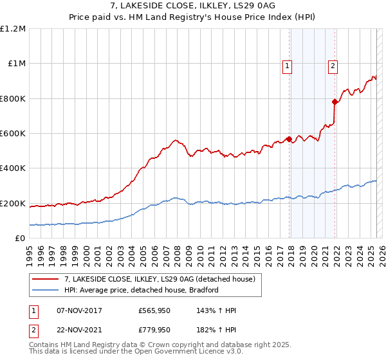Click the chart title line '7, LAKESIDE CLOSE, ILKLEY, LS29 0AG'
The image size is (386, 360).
pos(193,6)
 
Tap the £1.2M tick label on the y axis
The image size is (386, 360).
pos(12,29)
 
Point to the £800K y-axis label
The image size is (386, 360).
pos(12,99)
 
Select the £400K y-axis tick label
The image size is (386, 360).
pos(12,168)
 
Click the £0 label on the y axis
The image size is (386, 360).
pos(19,239)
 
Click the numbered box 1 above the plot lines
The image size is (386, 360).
pos(287,64)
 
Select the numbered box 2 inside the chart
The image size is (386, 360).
pos(333,64)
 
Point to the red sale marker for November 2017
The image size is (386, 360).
pos(289,139)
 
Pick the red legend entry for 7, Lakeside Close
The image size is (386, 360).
pos(160,278)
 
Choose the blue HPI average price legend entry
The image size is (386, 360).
pos(142,290)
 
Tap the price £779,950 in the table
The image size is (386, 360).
pos(154,329)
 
